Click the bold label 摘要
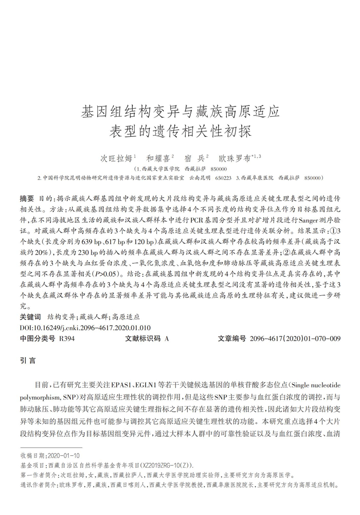click(26, 198)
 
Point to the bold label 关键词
click(30, 317)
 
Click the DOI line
click(85, 327)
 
